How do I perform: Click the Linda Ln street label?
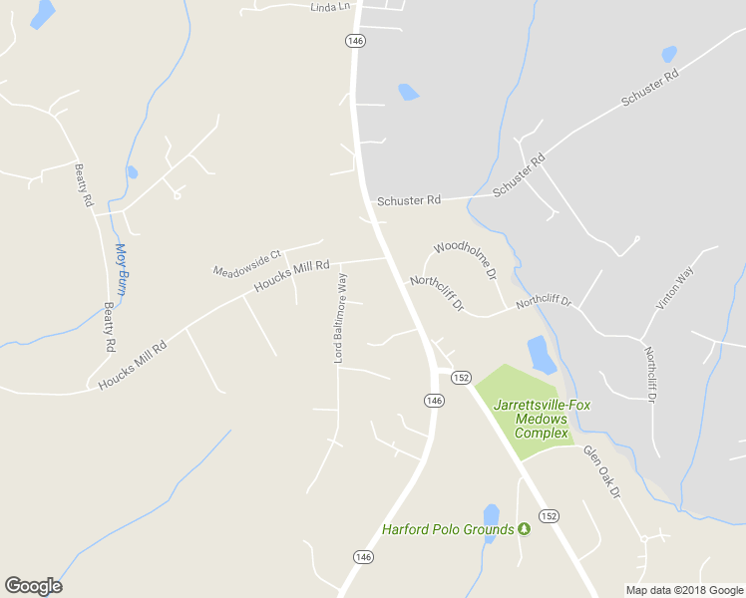(x=331, y=7)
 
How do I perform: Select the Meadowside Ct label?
(x=248, y=262)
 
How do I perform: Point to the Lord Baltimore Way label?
(x=340, y=317)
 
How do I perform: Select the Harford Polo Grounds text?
(x=448, y=529)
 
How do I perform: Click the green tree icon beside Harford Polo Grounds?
(x=524, y=529)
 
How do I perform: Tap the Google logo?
(x=33, y=586)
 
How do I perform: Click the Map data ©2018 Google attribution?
(x=684, y=590)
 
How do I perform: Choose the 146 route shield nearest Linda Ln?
(x=356, y=40)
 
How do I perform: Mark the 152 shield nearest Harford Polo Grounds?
(x=549, y=515)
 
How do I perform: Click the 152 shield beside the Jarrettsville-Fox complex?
(x=461, y=378)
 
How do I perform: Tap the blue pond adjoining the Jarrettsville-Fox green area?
(x=541, y=354)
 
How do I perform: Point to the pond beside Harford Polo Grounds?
(x=491, y=515)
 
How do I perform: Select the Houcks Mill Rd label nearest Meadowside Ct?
(x=291, y=276)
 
